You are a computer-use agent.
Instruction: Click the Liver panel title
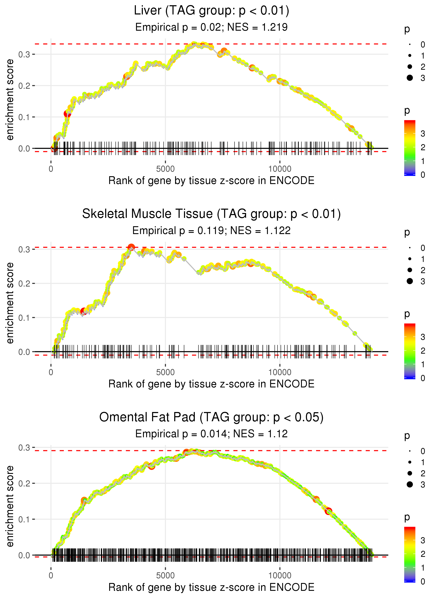[x=211, y=11]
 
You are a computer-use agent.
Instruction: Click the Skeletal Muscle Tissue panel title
[x=211, y=214]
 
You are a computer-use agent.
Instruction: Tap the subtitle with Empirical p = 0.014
[x=211, y=434]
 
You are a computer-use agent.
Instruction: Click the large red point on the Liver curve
[x=67, y=114]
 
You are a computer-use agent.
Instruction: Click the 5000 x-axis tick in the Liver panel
[x=165, y=169]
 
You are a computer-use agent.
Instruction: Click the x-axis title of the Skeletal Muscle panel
[x=211, y=384]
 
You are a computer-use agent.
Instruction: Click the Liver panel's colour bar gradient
[x=409, y=148]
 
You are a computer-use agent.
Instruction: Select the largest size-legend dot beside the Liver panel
[x=410, y=78]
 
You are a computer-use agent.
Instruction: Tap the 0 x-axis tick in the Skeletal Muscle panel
[x=51, y=372]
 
